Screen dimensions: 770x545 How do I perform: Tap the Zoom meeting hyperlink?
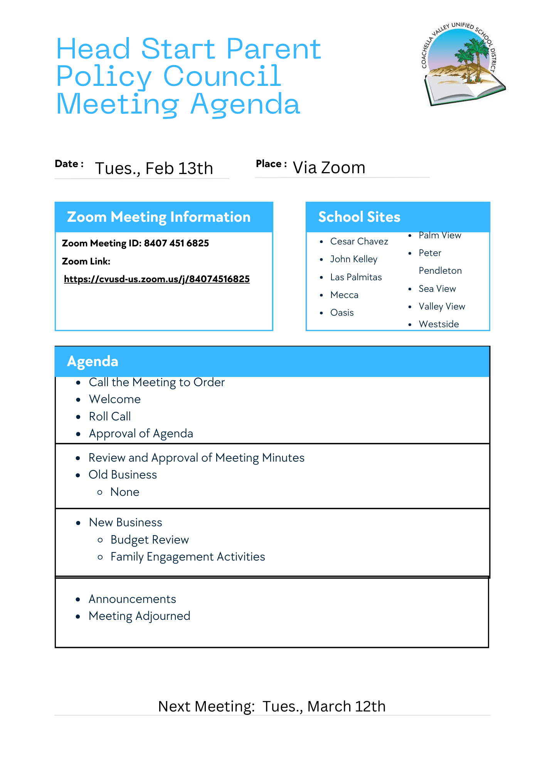(x=157, y=279)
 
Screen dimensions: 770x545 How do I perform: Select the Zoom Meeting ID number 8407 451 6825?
(x=176, y=243)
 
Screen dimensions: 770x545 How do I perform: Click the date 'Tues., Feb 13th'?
(x=154, y=169)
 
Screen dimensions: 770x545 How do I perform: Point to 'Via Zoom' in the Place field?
(x=329, y=168)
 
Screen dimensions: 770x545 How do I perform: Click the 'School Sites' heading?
(x=359, y=217)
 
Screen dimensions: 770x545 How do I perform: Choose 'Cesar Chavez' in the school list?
(x=359, y=241)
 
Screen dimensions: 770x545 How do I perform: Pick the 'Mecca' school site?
(x=344, y=295)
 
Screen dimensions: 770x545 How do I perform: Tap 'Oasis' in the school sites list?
(x=342, y=313)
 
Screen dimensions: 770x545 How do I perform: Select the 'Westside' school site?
(x=439, y=324)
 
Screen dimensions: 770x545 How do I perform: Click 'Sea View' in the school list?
(x=437, y=289)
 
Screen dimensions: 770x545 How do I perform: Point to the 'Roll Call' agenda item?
(x=110, y=417)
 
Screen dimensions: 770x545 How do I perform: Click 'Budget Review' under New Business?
(x=150, y=540)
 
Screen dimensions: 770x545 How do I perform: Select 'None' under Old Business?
(x=125, y=492)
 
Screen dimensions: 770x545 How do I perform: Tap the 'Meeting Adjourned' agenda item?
(x=140, y=616)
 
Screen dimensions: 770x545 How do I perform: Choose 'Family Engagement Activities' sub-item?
(x=188, y=557)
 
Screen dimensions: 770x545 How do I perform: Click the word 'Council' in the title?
(x=222, y=76)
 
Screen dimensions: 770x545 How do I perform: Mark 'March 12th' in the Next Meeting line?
(x=346, y=706)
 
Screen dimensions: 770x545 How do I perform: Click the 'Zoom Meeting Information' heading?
(x=159, y=217)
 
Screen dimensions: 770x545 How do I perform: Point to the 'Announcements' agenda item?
(x=132, y=599)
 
